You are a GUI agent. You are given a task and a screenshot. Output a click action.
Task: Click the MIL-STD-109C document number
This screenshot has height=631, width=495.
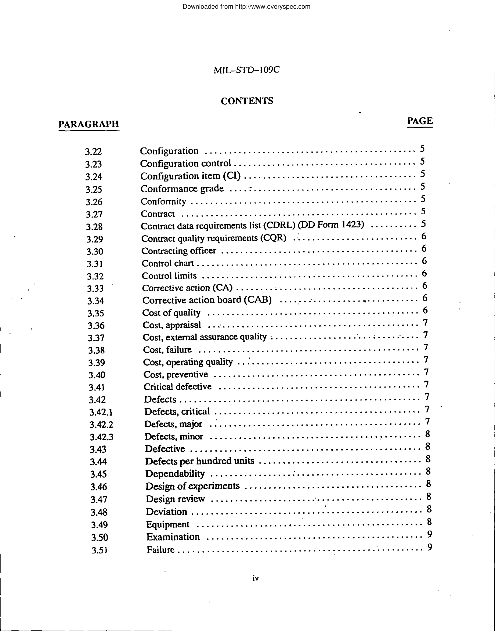[246, 70]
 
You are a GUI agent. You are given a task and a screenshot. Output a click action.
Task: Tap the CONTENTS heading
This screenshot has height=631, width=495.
[247, 101]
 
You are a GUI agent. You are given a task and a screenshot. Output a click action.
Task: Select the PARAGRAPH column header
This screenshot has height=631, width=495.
[89, 124]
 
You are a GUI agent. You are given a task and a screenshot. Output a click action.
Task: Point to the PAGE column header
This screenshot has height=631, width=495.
[420, 121]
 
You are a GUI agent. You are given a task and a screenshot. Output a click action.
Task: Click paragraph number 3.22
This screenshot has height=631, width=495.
[93, 151]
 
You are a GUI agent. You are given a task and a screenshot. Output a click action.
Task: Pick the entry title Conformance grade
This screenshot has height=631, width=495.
[182, 189]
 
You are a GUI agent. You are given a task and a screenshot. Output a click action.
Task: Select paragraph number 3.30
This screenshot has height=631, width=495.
[95, 252]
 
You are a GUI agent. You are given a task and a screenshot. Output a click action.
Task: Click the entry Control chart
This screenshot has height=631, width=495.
[167, 263]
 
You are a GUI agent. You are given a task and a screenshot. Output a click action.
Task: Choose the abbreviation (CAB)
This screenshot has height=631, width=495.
[258, 299]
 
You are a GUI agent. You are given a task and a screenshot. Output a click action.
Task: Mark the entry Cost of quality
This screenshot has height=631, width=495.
[171, 313]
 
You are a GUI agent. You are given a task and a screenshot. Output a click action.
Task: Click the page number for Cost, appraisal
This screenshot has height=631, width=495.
[425, 322]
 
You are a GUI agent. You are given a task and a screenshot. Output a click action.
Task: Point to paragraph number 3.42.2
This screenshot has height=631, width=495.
[101, 424]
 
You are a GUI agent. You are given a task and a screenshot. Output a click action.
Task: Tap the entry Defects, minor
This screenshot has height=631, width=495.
[174, 437]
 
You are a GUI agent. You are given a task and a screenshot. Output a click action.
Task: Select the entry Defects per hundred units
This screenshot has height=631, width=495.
[199, 461]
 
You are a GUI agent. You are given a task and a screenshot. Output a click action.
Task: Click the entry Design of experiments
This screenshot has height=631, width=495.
[192, 486]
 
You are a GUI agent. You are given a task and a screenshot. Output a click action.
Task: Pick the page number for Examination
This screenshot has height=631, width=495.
[430, 534]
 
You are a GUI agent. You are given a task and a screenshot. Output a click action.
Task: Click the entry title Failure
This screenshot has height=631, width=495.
[160, 549]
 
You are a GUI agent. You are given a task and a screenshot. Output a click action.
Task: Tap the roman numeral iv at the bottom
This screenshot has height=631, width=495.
[255, 578]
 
